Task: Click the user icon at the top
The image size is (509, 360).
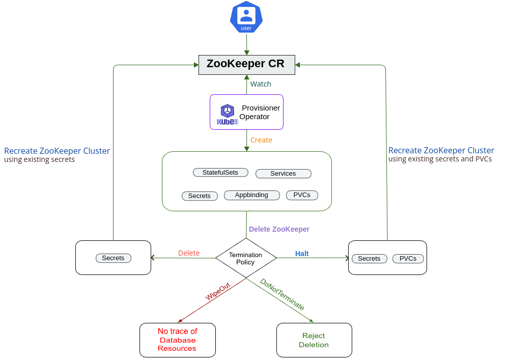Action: point(246,17)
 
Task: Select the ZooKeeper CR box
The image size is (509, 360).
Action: point(246,65)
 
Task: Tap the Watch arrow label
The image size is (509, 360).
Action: point(261,84)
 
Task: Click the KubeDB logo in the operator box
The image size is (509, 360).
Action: point(227,114)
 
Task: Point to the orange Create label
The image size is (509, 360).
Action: point(261,140)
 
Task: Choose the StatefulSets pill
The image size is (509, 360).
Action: point(220,173)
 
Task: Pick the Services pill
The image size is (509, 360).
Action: point(283,174)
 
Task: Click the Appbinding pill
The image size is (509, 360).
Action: point(251,195)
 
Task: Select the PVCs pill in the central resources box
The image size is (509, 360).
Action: point(302,195)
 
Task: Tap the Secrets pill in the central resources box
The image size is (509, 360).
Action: point(200,196)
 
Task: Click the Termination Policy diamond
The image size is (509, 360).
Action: point(246,258)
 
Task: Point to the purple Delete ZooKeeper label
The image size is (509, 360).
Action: point(279,229)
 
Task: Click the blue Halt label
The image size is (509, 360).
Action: point(302,254)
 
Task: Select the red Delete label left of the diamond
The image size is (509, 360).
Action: point(189,253)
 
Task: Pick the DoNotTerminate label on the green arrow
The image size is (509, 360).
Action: point(282,294)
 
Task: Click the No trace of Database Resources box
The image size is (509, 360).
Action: point(178,340)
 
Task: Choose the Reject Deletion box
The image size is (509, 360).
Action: point(314,340)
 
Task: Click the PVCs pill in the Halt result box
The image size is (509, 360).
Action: point(408,259)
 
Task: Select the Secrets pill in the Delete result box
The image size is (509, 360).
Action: point(113,258)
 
